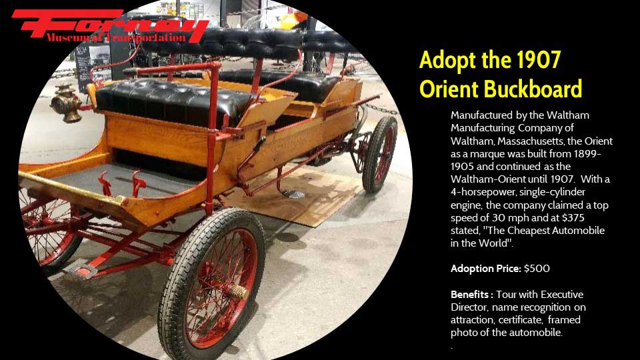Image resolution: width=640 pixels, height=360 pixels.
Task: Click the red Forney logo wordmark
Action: (x=110, y=24)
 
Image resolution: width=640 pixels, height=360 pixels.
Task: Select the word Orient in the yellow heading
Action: (x=449, y=89)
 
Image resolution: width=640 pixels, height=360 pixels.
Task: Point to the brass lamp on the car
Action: (x=66, y=104)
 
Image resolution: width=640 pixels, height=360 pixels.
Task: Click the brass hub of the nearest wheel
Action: (x=237, y=291)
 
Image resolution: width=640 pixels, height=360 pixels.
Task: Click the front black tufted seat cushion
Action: (x=173, y=101)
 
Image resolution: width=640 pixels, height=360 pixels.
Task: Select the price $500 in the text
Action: (x=537, y=269)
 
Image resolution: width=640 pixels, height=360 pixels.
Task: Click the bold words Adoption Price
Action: (x=486, y=269)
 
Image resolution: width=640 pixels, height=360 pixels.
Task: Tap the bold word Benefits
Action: (x=471, y=294)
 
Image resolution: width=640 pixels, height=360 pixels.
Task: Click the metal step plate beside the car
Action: (x=293, y=194)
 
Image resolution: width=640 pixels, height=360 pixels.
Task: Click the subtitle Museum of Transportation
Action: (x=116, y=37)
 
